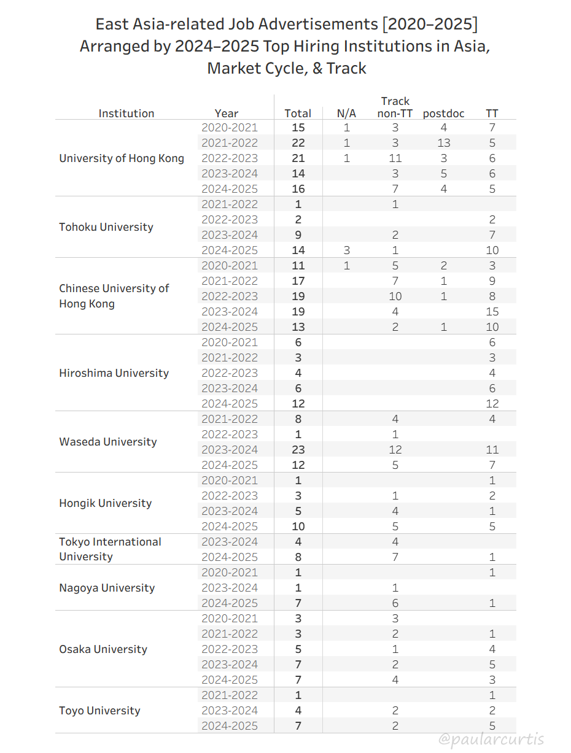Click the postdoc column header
pyautogui.click(x=443, y=114)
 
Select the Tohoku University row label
pyautogui.click(x=106, y=227)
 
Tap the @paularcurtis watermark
pyautogui.click(x=491, y=739)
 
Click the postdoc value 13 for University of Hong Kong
pyautogui.click(x=443, y=143)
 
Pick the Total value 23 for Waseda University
pyautogui.click(x=298, y=450)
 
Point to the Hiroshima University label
pyautogui.click(x=114, y=373)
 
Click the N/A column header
pyautogui.click(x=346, y=114)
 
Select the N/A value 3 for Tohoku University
pyautogui.click(x=346, y=250)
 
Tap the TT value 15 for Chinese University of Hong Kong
pyautogui.click(x=492, y=312)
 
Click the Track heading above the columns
pyautogui.click(x=395, y=101)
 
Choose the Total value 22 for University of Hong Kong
pyautogui.click(x=298, y=143)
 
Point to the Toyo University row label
pyautogui.click(x=99, y=711)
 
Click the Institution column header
pyautogui.click(x=126, y=114)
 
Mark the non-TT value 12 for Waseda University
pyautogui.click(x=395, y=450)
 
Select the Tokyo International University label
pyautogui.click(x=110, y=549)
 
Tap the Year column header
pyautogui.click(x=227, y=114)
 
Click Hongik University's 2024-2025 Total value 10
pyautogui.click(x=298, y=527)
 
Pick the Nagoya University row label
pyautogui.click(x=107, y=588)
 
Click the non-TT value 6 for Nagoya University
pyautogui.click(x=395, y=603)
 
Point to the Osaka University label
pyautogui.click(x=103, y=649)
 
